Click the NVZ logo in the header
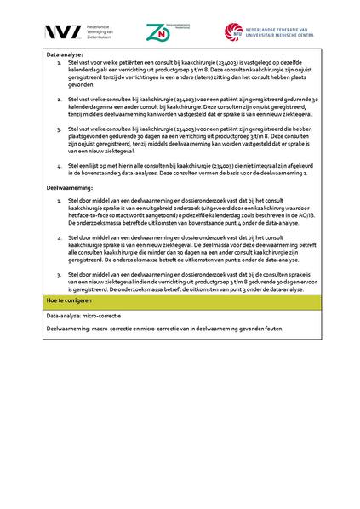62,32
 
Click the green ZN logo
157,33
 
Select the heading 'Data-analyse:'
65,54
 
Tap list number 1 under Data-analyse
59,62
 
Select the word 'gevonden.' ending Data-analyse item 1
83,84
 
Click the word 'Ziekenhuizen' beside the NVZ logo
100,37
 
